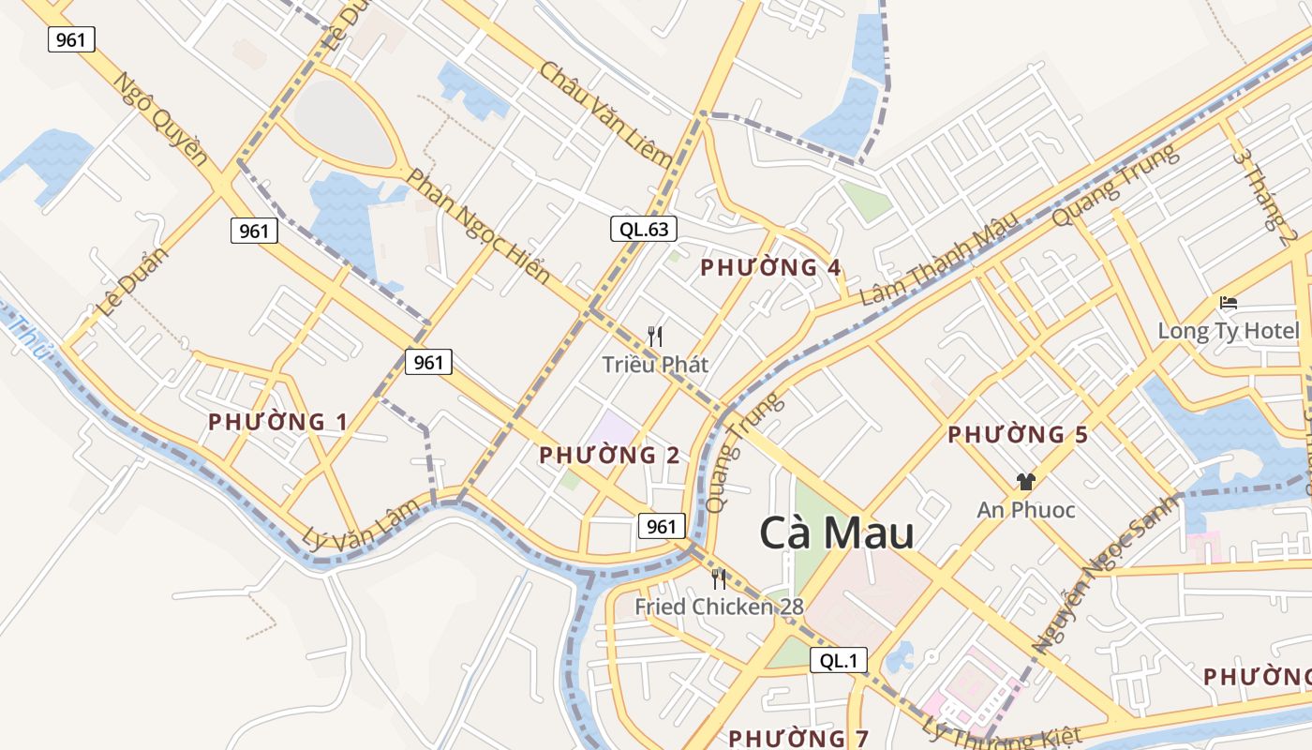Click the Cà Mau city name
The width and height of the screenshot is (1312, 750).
(836, 533)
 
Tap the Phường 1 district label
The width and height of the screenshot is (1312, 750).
(277, 422)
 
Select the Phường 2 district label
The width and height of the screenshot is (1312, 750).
(609, 456)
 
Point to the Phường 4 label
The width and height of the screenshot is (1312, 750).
(770, 268)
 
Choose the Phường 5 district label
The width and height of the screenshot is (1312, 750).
(1018, 435)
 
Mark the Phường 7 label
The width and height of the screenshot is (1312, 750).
(798, 738)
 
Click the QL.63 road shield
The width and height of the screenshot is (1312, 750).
(644, 228)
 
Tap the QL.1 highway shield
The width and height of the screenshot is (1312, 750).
(839, 660)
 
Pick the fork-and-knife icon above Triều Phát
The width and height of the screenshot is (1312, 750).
(655, 337)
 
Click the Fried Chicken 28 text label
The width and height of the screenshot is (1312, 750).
(719, 607)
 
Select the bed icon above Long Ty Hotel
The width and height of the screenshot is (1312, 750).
(1229, 303)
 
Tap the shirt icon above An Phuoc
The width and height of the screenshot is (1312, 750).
(1025, 482)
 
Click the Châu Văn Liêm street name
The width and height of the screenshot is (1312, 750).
(605, 113)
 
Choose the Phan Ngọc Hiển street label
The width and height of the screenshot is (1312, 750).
(477, 226)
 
